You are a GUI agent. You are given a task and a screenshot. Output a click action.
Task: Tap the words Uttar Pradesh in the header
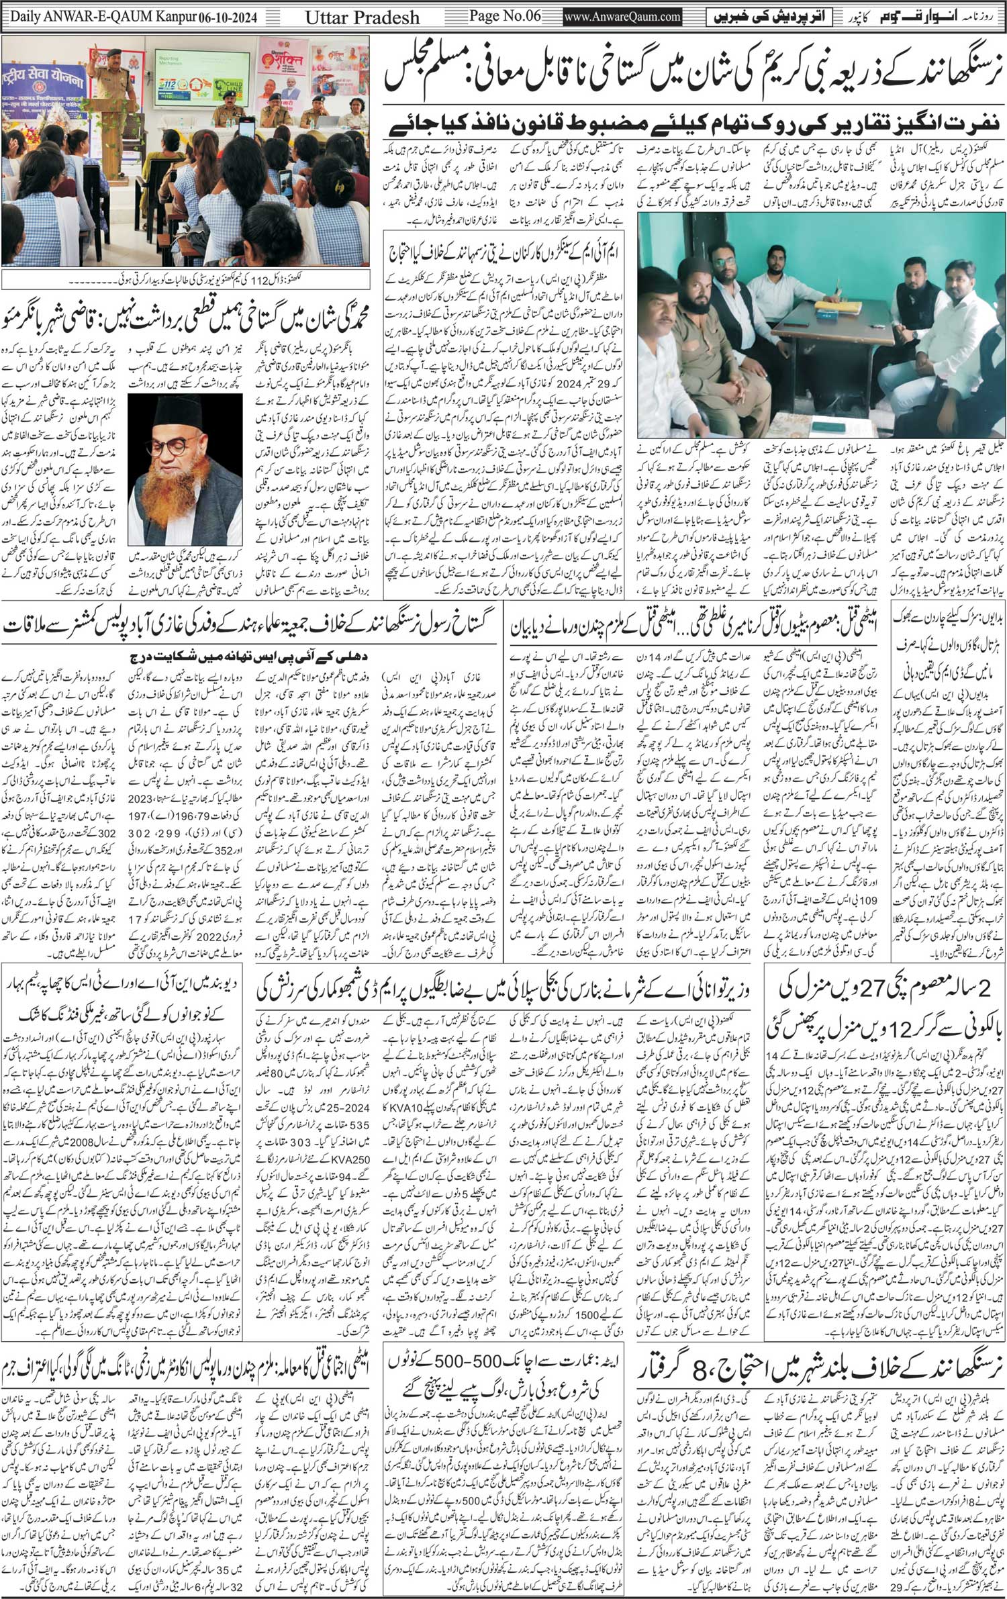coord(363,16)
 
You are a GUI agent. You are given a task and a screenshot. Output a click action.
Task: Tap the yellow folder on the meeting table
coord(838,306)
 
